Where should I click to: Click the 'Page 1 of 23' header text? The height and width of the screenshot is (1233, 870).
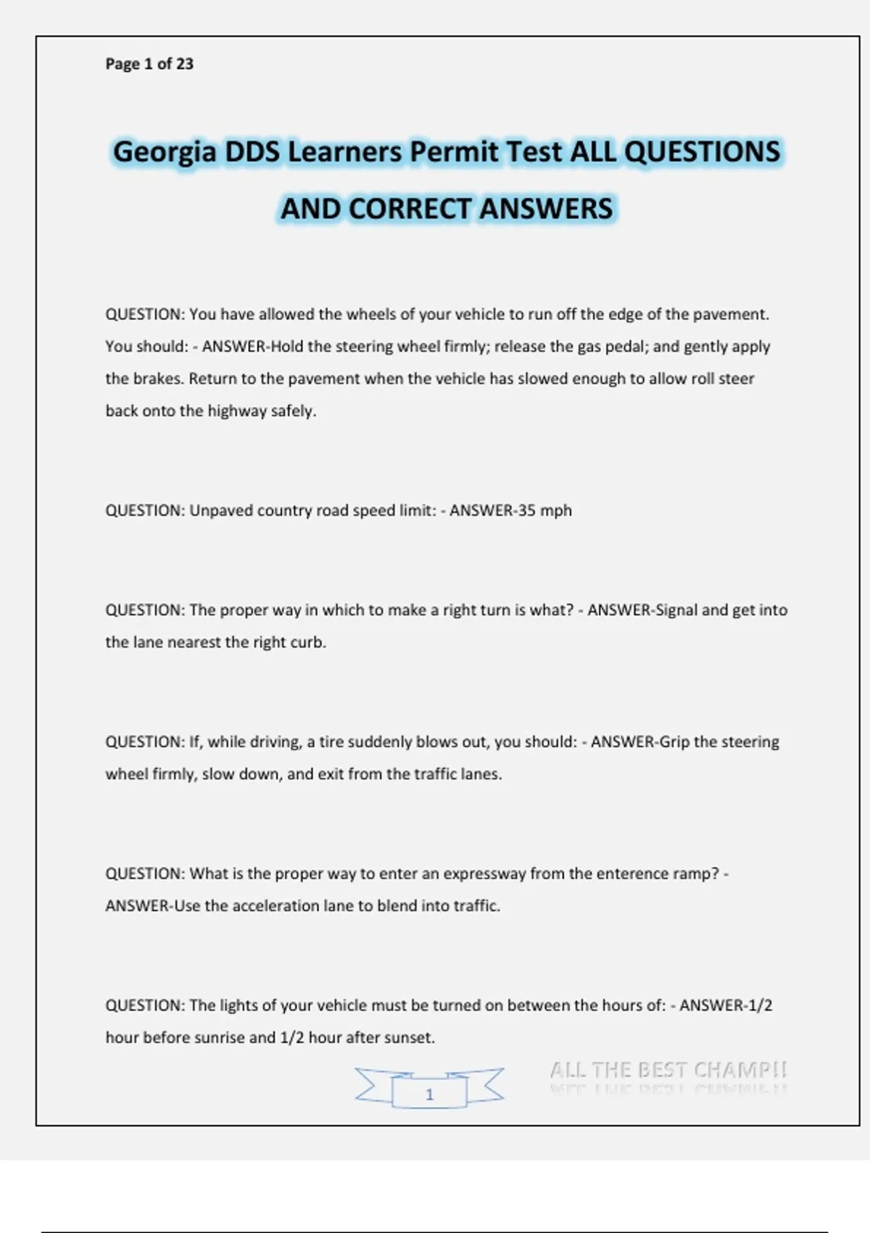(x=149, y=64)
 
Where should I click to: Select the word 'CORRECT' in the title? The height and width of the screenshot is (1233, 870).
(x=410, y=209)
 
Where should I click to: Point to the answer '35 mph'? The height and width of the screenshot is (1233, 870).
(x=544, y=511)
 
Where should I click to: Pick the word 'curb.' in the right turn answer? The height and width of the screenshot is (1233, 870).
(x=308, y=643)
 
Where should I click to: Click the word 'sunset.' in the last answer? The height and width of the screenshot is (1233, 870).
(x=410, y=1038)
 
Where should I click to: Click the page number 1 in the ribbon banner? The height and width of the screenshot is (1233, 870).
(x=429, y=1094)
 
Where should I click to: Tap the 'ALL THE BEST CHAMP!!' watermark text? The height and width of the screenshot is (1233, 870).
(x=668, y=1071)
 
